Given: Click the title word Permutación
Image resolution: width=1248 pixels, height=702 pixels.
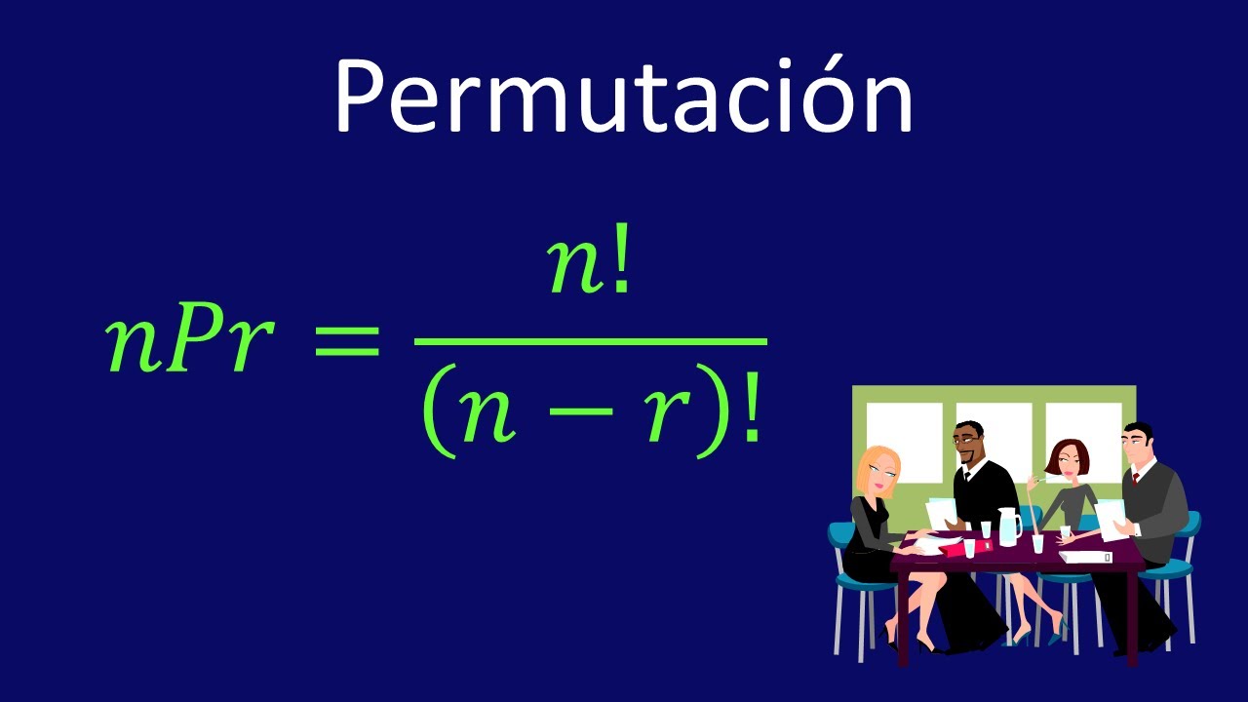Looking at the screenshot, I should (623, 96).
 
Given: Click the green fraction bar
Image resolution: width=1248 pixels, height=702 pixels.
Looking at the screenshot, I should (590, 341).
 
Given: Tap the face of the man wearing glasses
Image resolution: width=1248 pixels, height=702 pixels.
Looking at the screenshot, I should (968, 445).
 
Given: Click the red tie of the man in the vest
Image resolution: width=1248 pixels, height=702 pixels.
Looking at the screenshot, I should (1136, 480).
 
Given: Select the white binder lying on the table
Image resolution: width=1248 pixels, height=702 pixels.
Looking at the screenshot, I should (1085, 557).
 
